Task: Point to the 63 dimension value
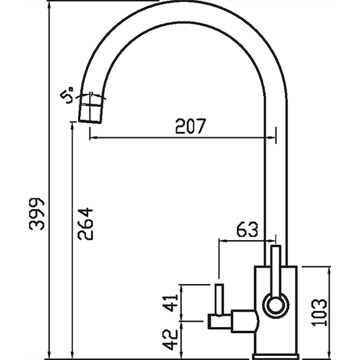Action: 248,230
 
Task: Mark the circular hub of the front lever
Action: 275,304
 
